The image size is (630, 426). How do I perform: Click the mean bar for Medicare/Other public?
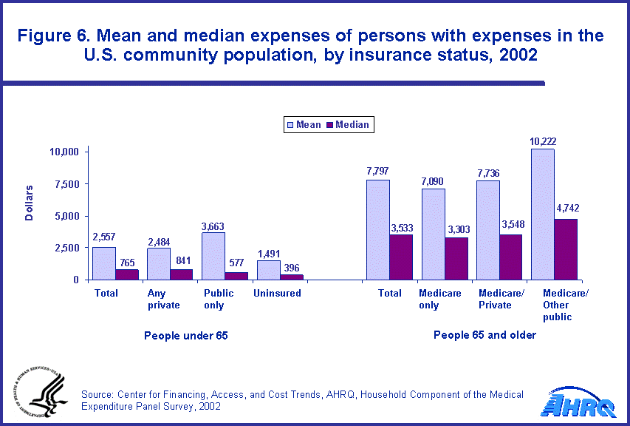coord(542,214)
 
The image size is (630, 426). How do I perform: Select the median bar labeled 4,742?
coord(566,249)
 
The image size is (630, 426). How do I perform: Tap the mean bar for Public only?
coord(213,256)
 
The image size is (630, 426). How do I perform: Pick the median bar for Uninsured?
coord(292,277)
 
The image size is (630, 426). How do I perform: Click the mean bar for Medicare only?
coord(434,234)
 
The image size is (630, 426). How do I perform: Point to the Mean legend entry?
coord(303,125)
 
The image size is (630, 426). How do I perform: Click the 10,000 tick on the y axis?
coord(63,152)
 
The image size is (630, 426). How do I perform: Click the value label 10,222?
coord(543,141)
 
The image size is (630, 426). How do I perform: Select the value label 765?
coord(127,261)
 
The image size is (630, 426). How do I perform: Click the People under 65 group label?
coord(186,335)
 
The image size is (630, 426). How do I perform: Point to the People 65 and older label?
coord(485,335)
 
